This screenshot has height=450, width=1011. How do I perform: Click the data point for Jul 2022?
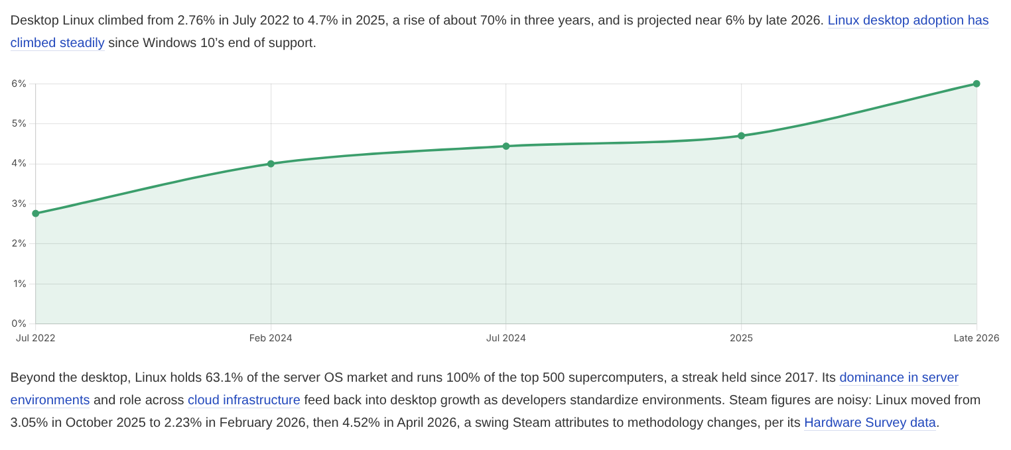[x=36, y=213]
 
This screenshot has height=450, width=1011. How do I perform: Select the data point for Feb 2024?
[x=271, y=164]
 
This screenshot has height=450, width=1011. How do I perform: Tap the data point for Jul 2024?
[x=506, y=146]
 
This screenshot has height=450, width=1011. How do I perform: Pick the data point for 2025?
[x=741, y=136]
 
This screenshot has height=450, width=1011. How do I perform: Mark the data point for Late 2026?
[x=977, y=84]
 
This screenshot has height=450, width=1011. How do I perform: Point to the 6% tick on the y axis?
[x=19, y=84]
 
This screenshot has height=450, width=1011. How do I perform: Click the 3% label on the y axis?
[x=19, y=204]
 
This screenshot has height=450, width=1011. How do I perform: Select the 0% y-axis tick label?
[x=19, y=323]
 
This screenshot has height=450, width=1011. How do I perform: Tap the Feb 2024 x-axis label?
[x=271, y=338]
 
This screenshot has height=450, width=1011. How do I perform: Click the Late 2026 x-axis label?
[x=977, y=338]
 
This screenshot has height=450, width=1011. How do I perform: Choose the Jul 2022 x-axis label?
[x=36, y=338]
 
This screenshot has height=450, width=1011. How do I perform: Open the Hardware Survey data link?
[x=870, y=422]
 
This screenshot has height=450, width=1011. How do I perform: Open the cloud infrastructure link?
[x=243, y=400]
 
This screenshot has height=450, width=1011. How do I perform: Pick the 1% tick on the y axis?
[x=19, y=284]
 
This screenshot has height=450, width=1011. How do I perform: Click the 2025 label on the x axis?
[x=741, y=338]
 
